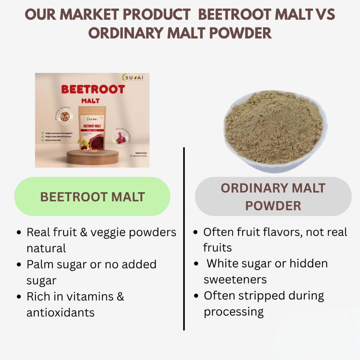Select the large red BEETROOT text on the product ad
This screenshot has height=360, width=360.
[x=93, y=89]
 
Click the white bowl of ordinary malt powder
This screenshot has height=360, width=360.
[x=276, y=131]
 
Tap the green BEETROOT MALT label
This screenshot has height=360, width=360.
[x=92, y=197]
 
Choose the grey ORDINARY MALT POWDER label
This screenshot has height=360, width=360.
[x=273, y=197]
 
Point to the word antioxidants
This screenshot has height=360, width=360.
[x=60, y=312]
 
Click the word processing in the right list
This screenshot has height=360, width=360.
[x=234, y=311]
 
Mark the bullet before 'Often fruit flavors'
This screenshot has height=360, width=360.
[x=195, y=232]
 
